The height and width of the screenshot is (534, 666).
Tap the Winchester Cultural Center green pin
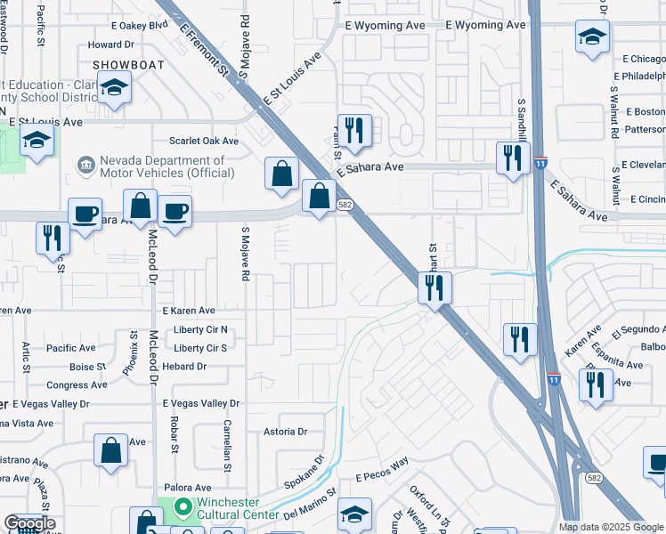[x=183, y=507]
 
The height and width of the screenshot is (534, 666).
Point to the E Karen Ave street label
[x=189, y=311]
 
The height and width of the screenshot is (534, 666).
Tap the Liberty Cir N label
[x=200, y=329]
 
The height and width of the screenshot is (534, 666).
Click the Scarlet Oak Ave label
[x=204, y=141]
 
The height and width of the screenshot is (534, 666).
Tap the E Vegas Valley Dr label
[x=201, y=403]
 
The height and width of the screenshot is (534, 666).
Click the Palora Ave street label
[x=186, y=488]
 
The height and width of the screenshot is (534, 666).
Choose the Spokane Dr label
[x=305, y=473]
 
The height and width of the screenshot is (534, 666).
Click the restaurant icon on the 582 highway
[x=435, y=287]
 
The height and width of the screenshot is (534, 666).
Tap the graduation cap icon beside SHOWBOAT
[x=115, y=87]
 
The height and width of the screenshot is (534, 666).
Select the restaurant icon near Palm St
[x=354, y=130]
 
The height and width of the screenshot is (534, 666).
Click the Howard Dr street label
[x=110, y=44]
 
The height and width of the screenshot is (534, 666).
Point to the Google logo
[x=29, y=523]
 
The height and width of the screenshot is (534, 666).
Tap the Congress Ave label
[x=77, y=385]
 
